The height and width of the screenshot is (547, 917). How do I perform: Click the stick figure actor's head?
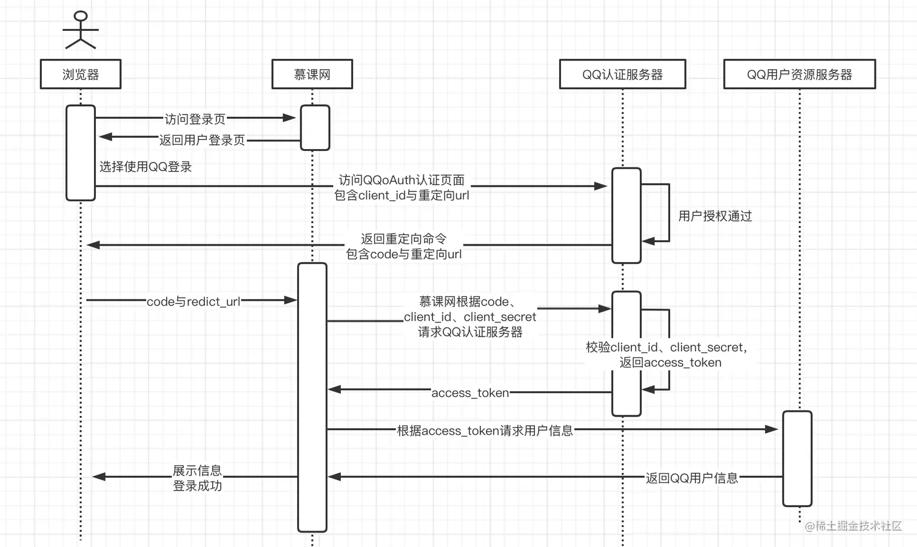pyautogui.click(x=81, y=16)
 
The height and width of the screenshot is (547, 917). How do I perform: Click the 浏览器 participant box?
pyautogui.click(x=81, y=74)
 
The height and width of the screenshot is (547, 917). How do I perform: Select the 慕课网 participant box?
pyautogui.click(x=312, y=74)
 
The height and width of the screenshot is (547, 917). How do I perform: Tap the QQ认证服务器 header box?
pyautogui.click(x=623, y=74)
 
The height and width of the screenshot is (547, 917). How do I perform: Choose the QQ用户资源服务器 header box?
pyautogui.click(x=799, y=74)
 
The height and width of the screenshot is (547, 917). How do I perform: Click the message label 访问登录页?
pyautogui.click(x=195, y=119)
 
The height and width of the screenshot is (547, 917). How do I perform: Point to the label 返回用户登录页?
pyautogui.click(x=202, y=140)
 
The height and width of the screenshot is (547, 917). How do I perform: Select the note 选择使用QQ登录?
pyautogui.click(x=146, y=167)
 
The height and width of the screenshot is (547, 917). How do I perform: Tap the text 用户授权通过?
pyautogui.click(x=715, y=216)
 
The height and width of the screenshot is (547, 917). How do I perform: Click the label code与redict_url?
pyautogui.click(x=193, y=302)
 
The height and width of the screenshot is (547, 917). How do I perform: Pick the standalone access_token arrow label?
pyautogui.click(x=470, y=392)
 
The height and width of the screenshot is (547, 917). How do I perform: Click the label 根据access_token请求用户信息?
pyautogui.click(x=485, y=431)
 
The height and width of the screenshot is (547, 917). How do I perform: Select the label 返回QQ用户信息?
pyautogui.click(x=692, y=478)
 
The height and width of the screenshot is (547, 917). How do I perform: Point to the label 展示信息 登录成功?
pyautogui.click(x=197, y=478)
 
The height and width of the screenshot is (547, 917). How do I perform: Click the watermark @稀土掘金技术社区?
pyautogui.click(x=853, y=526)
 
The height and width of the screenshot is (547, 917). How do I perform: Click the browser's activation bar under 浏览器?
pyautogui.click(x=81, y=153)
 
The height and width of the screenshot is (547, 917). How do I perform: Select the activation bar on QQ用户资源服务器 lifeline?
pyautogui.click(x=798, y=458)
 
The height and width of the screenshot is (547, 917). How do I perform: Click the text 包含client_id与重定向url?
pyautogui.click(x=401, y=195)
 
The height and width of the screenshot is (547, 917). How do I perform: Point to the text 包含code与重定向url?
pyautogui.click(x=404, y=254)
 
